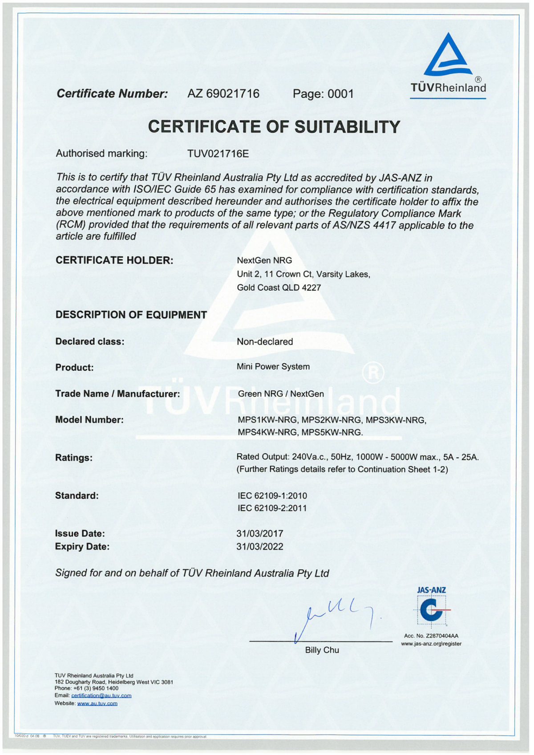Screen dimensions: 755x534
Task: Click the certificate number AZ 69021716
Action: [x=223, y=93]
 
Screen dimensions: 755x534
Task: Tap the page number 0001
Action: [x=340, y=94]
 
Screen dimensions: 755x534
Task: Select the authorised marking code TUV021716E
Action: [x=218, y=154]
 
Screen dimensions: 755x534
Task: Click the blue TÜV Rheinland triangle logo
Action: [x=448, y=56]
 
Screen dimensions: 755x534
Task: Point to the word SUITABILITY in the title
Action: [x=347, y=127]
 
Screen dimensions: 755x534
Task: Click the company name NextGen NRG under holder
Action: [x=264, y=260]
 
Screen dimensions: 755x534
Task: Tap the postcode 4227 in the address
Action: [x=311, y=288]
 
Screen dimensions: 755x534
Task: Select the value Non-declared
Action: [x=265, y=341]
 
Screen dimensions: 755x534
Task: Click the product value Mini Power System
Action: [x=273, y=366]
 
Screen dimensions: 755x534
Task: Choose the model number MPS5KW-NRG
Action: [x=332, y=432]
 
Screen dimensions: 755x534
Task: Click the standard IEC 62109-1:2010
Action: [x=272, y=495]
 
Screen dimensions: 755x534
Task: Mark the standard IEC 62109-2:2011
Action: [x=272, y=508]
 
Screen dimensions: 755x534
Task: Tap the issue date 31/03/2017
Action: [x=260, y=533]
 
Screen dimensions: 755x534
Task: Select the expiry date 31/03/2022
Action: [x=260, y=547]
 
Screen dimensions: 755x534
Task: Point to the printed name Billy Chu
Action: [x=322, y=650]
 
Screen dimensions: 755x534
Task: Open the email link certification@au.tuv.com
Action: [x=101, y=695]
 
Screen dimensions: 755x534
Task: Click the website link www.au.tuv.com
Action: [x=97, y=703]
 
